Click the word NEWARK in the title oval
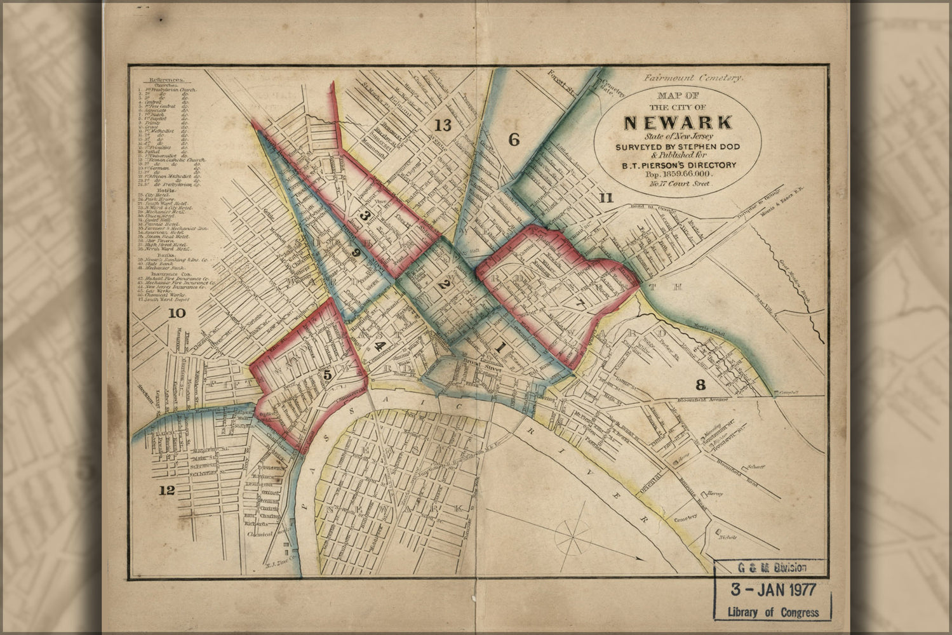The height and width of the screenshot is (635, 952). [x=678, y=122]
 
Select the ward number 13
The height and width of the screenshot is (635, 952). [x=443, y=125]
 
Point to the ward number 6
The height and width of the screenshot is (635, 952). [x=514, y=140]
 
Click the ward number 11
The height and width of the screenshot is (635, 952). [x=606, y=198]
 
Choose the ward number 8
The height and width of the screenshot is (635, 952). [x=701, y=384]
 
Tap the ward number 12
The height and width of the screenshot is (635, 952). [x=166, y=490]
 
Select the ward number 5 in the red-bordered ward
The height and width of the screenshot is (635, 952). [x=327, y=375]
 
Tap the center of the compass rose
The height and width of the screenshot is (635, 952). [x=573, y=537]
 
